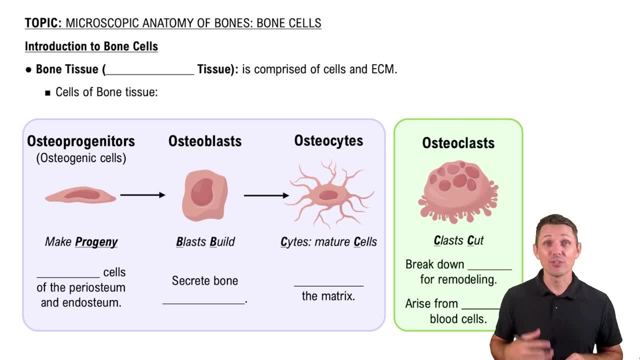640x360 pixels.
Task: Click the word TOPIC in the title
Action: pos(43,23)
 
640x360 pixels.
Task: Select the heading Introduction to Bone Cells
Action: pos(91,46)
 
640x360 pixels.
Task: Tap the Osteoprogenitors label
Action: pos(81,141)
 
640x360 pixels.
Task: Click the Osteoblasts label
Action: pos(205,141)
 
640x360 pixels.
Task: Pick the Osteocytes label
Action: pos(328,140)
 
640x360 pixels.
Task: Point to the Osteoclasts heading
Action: pos(458,143)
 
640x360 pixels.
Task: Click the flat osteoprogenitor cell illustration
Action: pos(80,195)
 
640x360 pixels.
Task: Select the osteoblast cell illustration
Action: pos(204,195)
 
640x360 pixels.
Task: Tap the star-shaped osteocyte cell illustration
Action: pos(329,194)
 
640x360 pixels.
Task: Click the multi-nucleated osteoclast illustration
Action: pos(458,190)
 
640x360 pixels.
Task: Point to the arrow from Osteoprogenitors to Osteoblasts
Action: pos(142,195)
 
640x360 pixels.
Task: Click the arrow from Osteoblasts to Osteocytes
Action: pos(266,195)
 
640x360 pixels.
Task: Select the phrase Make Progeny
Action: pos(81,242)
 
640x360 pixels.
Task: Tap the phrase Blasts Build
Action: pos(205,242)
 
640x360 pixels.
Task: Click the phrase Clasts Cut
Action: pos(458,240)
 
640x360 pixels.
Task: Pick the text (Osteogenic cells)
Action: pos(81,158)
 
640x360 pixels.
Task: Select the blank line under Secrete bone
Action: pos(204,301)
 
